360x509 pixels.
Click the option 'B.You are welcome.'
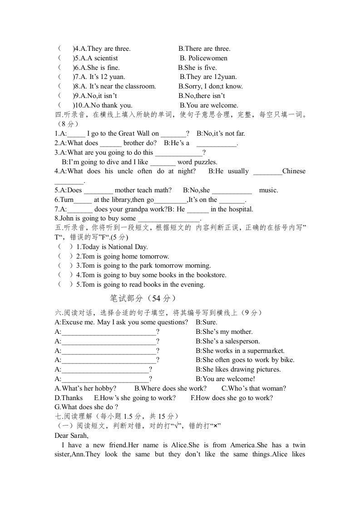[208, 105]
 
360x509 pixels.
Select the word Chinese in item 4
[294, 171]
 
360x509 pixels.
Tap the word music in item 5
[268, 190]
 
